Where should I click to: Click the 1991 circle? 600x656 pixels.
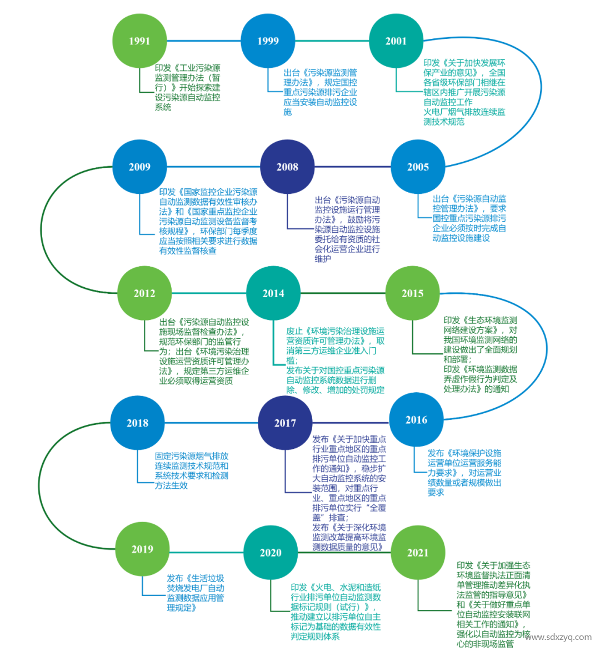coord(139,41)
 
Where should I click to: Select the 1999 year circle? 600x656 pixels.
coord(268,41)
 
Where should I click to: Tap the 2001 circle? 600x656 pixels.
coord(396,41)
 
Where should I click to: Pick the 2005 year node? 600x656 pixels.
coord(418,167)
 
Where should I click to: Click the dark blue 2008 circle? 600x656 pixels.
coord(287,167)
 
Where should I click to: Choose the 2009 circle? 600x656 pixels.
coord(139,167)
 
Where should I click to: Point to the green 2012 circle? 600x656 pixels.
coord(144,293)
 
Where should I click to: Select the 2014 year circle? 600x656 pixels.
coord(273,293)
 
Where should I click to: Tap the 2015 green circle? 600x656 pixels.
coord(412,293)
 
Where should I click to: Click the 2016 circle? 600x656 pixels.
coord(416,420)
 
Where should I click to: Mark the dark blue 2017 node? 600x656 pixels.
coord(285,423)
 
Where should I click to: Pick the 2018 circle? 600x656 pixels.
coord(137,423)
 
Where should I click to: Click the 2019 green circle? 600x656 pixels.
coord(142,549)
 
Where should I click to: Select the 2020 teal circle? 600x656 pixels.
coord(271,552)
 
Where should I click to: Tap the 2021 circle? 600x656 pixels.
coord(418,552)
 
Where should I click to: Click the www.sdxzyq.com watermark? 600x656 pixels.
coord(558,637)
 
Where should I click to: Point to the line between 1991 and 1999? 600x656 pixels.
coord(203,41)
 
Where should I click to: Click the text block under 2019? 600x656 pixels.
coord(196,593)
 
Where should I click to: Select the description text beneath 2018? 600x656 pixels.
coord(192,470)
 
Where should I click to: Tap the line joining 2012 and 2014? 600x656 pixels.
coord(209,293)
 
